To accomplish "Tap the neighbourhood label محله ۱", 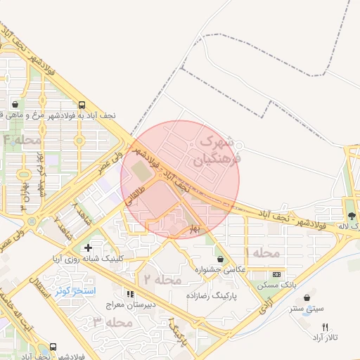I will coord(262,252).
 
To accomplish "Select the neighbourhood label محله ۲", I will coord(163,279).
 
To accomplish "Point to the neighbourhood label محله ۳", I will coord(112,322).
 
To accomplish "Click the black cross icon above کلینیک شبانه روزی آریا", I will coord(87,248).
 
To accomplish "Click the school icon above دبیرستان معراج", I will coord(130,295).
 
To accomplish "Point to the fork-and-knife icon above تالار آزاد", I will coord(325,327).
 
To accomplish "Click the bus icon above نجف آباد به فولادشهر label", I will coord(83,103).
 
